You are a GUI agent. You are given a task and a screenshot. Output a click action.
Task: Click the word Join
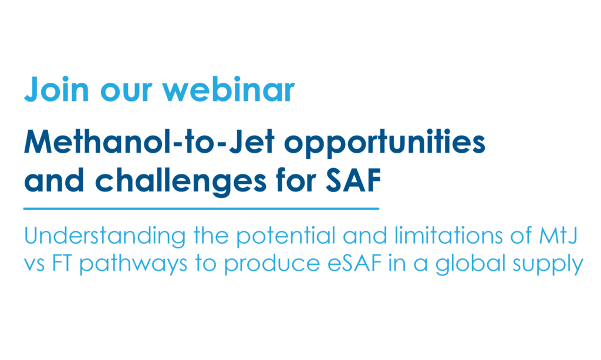click(x=56, y=89)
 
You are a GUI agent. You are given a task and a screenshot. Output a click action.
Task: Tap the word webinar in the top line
click(x=228, y=89)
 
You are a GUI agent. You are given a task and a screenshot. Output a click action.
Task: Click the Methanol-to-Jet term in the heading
click(x=150, y=142)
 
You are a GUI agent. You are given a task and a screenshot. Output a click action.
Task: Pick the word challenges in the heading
click(x=181, y=181)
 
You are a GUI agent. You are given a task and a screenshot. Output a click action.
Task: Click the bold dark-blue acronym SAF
click(x=353, y=180)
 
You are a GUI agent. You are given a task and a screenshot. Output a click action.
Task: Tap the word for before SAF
click(x=296, y=180)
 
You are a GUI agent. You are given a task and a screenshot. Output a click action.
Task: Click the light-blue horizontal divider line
click(x=201, y=209)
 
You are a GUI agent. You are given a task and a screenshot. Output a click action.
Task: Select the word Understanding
click(x=104, y=236)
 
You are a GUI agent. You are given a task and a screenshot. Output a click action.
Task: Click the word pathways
click(x=133, y=264)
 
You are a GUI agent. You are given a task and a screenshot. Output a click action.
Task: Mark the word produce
click(x=272, y=264)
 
